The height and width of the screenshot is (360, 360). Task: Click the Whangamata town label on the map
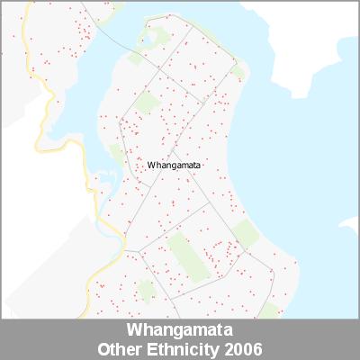(x=175, y=166)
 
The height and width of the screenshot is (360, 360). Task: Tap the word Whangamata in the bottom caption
(x=180, y=328)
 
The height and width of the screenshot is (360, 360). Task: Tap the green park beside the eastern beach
(x=245, y=233)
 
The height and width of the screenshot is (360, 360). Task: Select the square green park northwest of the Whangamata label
(x=145, y=102)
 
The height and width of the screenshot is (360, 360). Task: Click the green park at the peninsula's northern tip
(x=157, y=37)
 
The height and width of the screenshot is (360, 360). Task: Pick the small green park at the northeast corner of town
(x=237, y=70)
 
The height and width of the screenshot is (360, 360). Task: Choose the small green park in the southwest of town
(x=146, y=290)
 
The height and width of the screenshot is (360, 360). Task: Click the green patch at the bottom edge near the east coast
(x=267, y=310)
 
